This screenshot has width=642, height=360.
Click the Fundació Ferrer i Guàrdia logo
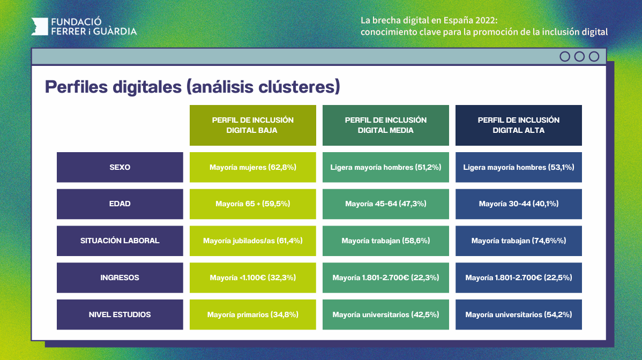coord(84,26)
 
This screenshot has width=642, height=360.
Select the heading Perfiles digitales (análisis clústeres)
coord(192,87)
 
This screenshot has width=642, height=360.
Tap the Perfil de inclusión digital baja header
coord(253,125)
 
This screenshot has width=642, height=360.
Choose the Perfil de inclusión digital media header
coord(386,125)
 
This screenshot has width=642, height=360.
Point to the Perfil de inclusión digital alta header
coord(519,125)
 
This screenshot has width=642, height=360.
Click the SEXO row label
coord(120,167)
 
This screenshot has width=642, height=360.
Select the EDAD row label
coord(120,204)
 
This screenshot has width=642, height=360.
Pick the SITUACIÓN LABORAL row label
coord(120,241)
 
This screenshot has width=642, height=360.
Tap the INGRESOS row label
coord(120,277)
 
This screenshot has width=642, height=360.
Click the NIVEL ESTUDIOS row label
coord(120,314)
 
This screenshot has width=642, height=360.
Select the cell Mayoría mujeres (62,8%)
coord(253,167)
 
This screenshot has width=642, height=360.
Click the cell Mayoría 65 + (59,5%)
coord(253,204)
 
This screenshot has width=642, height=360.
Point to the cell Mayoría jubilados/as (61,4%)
coord(253,241)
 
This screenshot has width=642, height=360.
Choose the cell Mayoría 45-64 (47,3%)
coord(386,204)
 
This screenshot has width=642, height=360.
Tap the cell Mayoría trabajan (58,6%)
coord(386,241)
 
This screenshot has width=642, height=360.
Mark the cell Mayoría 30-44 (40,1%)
coord(519,204)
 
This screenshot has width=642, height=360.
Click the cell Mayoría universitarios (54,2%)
coord(519,314)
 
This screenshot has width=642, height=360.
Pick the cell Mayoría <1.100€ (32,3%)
coord(253,277)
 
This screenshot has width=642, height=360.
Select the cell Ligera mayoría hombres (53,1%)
coord(519,167)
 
